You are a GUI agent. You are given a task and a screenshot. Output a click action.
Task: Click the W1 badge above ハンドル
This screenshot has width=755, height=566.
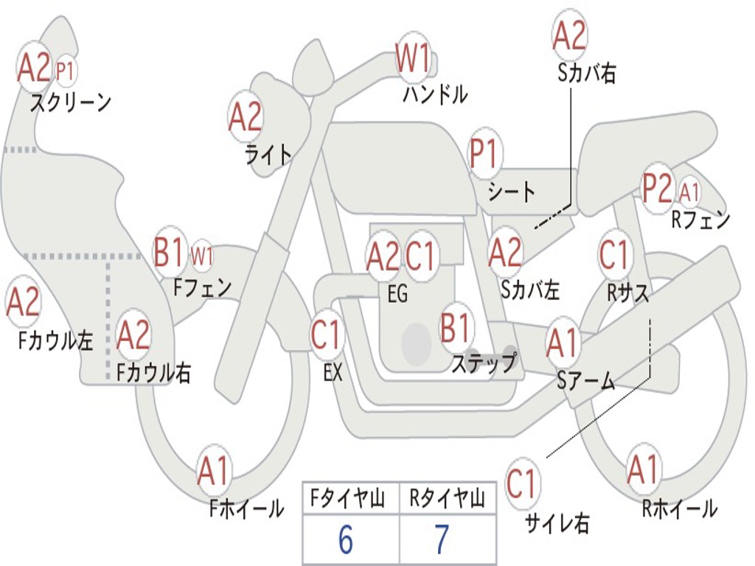[x=413, y=57]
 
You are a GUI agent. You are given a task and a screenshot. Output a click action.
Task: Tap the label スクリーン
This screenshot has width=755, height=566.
[x=71, y=102]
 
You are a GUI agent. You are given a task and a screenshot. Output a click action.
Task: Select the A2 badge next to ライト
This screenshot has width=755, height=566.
[x=246, y=117]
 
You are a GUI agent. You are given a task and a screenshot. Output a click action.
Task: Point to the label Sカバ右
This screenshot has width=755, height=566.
[x=586, y=73]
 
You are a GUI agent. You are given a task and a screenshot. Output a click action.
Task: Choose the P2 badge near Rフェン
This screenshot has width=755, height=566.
[x=657, y=189]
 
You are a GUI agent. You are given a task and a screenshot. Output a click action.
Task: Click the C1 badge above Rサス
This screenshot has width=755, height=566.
[x=614, y=254]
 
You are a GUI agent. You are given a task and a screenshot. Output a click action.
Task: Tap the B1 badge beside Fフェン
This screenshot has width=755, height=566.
[x=170, y=252]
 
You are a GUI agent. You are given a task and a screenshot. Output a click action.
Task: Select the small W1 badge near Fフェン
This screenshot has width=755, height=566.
[x=202, y=256]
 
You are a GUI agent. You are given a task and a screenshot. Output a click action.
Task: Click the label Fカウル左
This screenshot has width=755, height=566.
[x=55, y=340]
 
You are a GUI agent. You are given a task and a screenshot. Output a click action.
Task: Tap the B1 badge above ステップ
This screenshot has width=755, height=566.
[x=455, y=328]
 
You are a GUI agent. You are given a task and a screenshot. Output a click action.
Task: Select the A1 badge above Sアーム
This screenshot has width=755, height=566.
[x=562, y=343]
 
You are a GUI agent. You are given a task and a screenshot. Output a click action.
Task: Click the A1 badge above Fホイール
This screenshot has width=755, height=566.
[x=213, y=470]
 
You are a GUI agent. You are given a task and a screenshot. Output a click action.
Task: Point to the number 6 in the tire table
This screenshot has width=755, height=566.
[x=346, y=539]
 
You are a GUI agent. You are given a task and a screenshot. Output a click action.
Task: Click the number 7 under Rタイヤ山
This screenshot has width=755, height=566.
[x=442, y=539]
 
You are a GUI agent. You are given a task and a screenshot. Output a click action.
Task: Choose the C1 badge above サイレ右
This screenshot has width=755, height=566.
[x=521, y=483]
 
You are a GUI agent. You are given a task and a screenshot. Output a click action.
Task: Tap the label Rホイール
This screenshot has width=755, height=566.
[x=680, y=509]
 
